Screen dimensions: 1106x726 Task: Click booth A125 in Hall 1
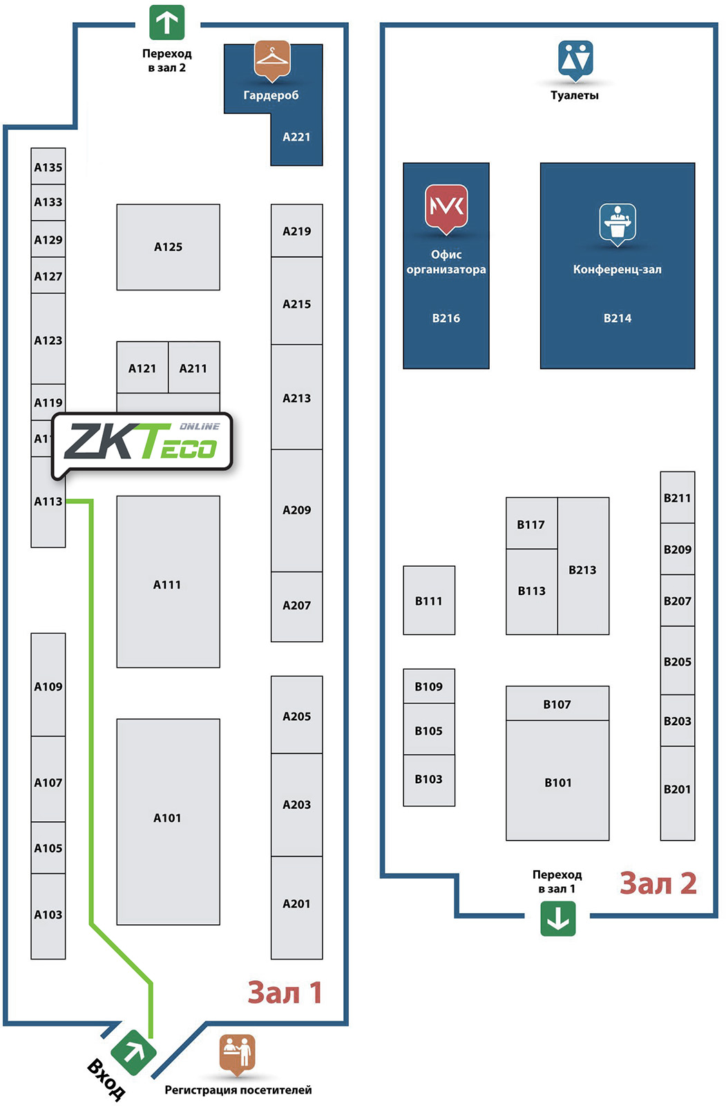168,247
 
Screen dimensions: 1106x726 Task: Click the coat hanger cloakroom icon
272,59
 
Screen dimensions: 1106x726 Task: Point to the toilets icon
575,59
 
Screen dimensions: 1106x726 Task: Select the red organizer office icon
446,207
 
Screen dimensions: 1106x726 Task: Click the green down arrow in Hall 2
557,918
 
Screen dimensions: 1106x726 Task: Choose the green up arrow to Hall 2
167,23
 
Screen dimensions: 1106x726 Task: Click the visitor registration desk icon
238,1053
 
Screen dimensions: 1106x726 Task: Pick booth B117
531,523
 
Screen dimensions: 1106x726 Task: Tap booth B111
429,600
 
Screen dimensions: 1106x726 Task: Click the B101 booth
557,781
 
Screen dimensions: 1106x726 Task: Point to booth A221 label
296,137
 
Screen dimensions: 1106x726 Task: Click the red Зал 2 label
658,883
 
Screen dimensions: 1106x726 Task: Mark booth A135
48,167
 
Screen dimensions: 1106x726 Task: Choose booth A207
296,606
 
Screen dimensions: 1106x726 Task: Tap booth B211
677,498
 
